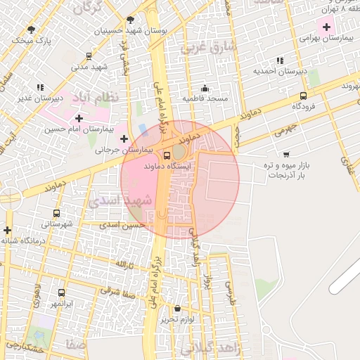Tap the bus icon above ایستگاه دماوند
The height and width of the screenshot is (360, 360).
pos(167,155)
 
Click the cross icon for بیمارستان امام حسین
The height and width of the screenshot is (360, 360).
pos(79,118)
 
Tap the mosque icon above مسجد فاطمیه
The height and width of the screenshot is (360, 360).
pos(205,88)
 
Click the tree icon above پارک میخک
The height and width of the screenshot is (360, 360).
pos(31,29)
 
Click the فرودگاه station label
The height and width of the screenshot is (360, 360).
pos(302,106)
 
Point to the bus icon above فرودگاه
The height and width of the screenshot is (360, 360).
pos(303,96)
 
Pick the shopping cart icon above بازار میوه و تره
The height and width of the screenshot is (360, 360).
pos(285,153)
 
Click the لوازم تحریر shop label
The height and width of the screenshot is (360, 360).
pos(176,319)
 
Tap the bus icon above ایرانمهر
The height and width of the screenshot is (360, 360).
pos(62,292)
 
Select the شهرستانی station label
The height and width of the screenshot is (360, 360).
pos(56,224)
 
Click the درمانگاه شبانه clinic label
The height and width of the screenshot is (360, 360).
pos(23,240)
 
